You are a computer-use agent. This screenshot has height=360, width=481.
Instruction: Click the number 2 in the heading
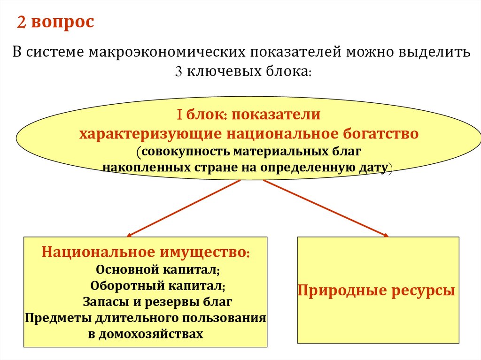(22, 22)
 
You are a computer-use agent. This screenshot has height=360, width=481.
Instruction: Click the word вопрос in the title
(63, 23)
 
